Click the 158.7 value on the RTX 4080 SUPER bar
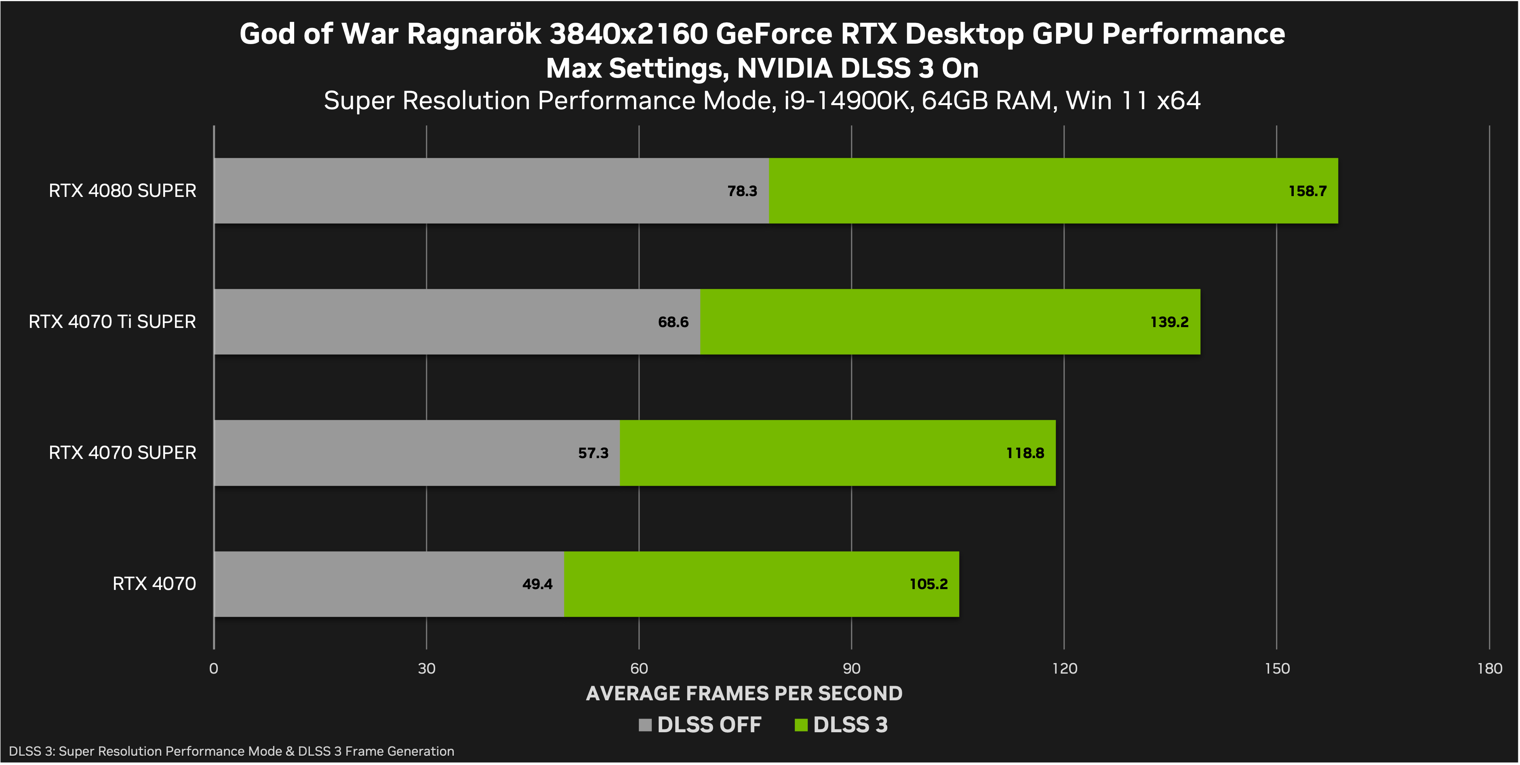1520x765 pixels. (1307, 191)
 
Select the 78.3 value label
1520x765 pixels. (742, 191)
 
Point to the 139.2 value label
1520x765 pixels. (1169, 322)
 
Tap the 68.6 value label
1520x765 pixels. (673, 322)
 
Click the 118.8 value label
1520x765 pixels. (1025, 453)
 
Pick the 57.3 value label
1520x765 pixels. (593, 453)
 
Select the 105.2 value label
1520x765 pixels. (928, 584)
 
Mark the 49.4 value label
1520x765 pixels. (537, 584)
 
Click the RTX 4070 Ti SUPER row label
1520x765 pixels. (112, 322)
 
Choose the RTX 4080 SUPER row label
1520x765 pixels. (122, 191)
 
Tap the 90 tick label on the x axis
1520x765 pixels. (851, 669)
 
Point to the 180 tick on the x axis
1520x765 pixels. (1489, 669)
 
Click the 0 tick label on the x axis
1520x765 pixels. (214, 669)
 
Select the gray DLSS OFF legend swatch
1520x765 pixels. (645, 725)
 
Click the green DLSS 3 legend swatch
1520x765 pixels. (801, 725)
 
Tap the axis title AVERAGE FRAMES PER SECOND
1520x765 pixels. (744, 693)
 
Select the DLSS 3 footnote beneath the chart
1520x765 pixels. (231, 751)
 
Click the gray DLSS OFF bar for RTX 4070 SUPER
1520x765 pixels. (413, 453)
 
